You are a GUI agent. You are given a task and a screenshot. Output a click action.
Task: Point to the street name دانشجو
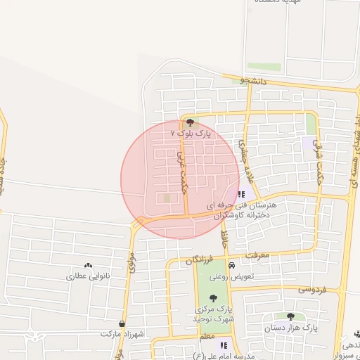(255, 81)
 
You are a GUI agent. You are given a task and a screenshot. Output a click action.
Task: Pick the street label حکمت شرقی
(319, 150)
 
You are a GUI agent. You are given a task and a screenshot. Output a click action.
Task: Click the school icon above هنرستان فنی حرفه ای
(241, 195)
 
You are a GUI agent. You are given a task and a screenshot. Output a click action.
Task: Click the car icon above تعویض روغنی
(231, 265)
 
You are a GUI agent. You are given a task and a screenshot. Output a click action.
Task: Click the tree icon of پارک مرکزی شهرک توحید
(214, 297)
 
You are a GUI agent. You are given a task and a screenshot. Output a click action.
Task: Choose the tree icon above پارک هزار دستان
(290, 316)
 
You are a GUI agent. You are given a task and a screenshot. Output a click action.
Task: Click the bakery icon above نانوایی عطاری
(88, 266)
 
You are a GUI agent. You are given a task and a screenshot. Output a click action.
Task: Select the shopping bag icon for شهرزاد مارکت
(122, 324)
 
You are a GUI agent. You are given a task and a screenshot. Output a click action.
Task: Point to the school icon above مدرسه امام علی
(224, 345)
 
